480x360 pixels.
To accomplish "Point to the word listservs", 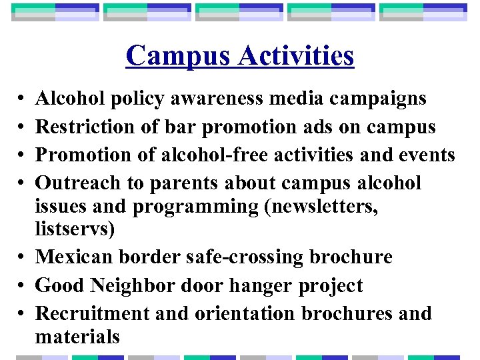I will click(x=75, y=229).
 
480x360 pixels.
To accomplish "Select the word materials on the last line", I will click(x=77, y=336).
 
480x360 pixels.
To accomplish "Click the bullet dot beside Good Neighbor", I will click(x=21, y=286).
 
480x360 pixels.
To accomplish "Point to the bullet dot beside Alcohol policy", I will click(x=21, y=99).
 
